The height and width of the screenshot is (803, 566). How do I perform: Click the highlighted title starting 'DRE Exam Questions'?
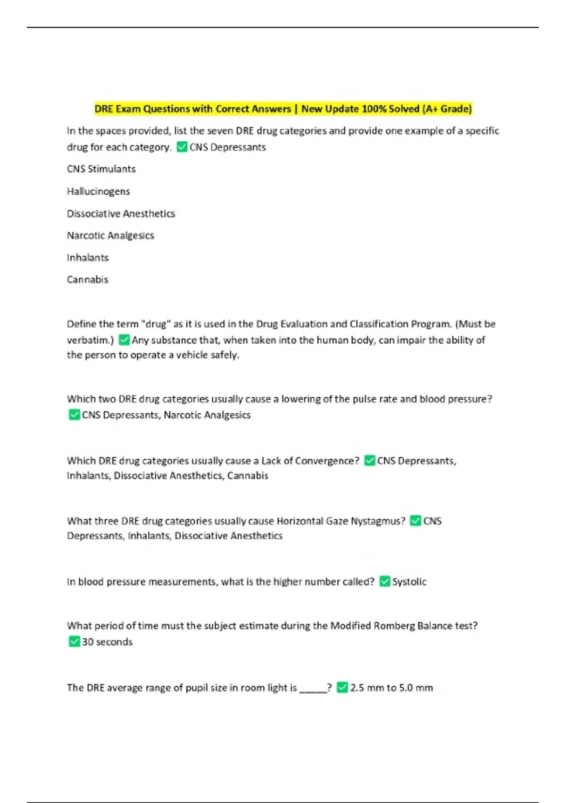(x=283, y=109)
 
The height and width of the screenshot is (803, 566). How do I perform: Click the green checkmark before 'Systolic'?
(x=385, y=581)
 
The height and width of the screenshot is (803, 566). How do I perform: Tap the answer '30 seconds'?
(x=107, y=642)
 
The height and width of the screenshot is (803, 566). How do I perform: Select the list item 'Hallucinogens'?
(x=98, y=191)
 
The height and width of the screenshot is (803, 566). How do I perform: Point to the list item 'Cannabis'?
(x=87, y=280)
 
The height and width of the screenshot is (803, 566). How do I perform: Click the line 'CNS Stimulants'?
(x=101, y=169)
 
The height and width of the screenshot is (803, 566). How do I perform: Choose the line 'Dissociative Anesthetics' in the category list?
(x=121, y=214)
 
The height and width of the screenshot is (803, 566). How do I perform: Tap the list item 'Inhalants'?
(x=88, y=257)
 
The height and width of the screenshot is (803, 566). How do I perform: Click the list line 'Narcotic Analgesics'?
(x=110, y=235)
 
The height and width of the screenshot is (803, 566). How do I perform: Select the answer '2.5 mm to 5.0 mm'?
(x=391, y=688)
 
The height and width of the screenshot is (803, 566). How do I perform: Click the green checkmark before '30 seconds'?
(x=74, y=641)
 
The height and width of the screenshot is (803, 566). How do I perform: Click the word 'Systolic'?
(x=409, y=581)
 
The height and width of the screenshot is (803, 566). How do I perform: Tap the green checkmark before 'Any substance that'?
(x=124, y=340)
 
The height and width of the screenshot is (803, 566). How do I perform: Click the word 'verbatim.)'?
(x=90, y=340)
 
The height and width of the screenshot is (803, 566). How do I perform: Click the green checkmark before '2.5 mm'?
(x=342, y=688)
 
